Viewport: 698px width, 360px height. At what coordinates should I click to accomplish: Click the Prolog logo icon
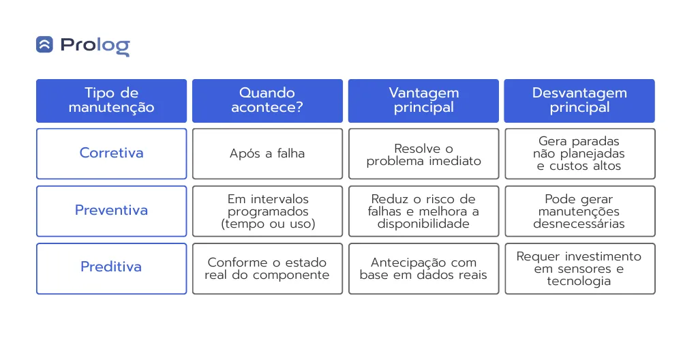tap(44, 44)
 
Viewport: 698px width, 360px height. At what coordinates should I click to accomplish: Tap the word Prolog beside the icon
tap(95, 46)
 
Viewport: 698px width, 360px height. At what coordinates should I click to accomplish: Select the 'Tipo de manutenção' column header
tap(111, 101)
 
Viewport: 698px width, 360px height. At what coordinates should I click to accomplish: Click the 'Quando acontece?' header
tap(267, 101)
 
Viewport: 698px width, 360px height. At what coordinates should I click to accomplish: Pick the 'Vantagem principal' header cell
tap(423, 101)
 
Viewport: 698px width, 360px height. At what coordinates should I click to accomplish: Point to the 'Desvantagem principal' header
tap(579, 101)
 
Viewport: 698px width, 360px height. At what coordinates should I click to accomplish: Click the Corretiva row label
tap(111, 153)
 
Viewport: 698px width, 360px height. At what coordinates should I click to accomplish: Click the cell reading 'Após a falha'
tap(267, 153)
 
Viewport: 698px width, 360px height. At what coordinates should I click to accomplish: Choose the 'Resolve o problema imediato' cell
tap(423, 153)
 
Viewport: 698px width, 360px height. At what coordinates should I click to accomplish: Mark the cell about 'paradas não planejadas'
tap(579, 153)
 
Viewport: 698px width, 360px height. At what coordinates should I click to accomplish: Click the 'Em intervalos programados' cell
tap(267, 211)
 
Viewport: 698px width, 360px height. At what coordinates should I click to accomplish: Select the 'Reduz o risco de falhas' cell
tap(423, 211)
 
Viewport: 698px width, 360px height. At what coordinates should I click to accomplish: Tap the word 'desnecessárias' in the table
tap(579, 224)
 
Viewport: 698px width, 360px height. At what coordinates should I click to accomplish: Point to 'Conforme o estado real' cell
tap(267, 269)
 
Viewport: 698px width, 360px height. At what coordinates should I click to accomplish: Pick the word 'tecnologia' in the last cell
tap(579, 281)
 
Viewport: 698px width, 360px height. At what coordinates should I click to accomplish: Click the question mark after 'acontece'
tap(299, 107)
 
